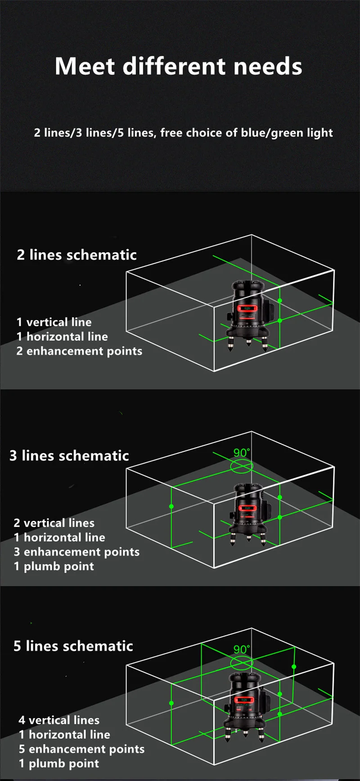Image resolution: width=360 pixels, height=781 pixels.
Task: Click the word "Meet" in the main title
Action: click(85, 66)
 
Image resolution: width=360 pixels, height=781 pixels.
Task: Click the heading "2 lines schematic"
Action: click(76, 255)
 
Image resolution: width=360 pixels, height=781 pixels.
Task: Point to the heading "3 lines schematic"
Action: click(69, 455)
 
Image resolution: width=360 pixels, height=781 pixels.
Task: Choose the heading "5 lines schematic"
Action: click(73, 646)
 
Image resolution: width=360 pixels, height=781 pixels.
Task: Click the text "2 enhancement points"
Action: click(79, 351)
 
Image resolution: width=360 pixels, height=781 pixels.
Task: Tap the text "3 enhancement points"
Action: click(76, 552)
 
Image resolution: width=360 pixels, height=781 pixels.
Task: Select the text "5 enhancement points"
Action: click(81, 749)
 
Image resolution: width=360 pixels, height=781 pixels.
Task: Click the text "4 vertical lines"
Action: click(59, 720)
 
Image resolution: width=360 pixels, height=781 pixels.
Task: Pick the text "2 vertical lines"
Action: click(54, 523)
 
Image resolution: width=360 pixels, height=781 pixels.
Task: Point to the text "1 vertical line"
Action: click(54, 322)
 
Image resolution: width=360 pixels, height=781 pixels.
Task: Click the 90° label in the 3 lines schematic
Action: click(242, 453)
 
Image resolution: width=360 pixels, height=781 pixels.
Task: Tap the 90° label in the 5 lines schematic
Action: click(242, 649)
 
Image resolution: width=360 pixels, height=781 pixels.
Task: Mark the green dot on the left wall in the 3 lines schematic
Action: click(171, 507)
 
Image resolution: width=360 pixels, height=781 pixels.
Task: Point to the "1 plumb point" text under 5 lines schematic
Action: click(59, 763)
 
